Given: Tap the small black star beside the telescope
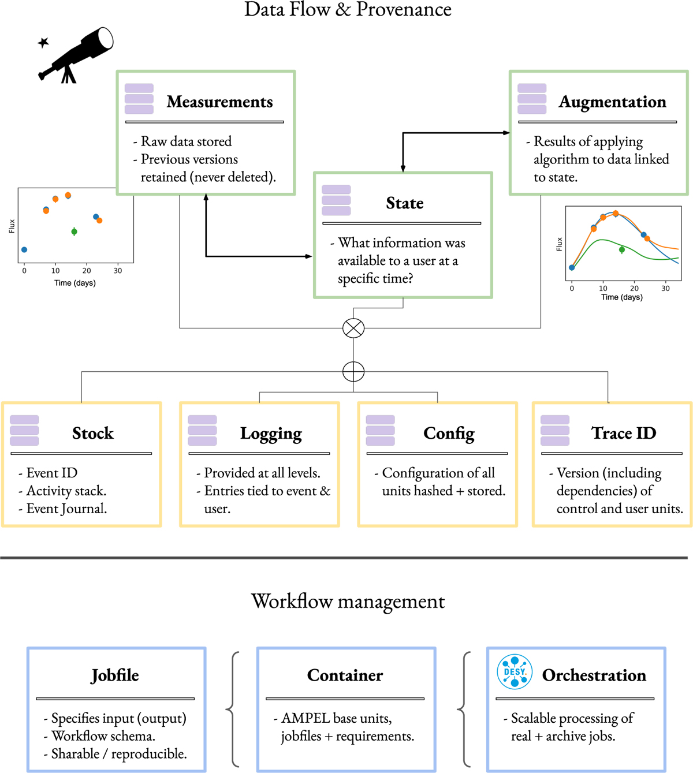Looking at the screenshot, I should click(x=43, y=42).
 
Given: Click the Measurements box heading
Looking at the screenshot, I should click(x=219, y=102).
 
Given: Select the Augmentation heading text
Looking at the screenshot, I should click(x=612, y=102).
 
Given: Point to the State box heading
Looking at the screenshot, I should click(x=404, y=203).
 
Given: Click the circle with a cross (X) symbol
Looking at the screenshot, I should click(x=353, y=328).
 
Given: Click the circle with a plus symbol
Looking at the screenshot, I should click(x=353, y=371).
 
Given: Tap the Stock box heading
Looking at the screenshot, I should click(x=92, y=433).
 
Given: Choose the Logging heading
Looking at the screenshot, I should click(x=271, y=433).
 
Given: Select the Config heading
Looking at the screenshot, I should click(x=449, y=433).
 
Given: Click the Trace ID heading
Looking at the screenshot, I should click(x=624, y=433).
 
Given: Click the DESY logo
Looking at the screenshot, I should click(x=515, y=672).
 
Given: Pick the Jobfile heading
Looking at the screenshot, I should click(x=115, y=675).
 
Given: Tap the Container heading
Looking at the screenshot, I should click(x=345, y=675).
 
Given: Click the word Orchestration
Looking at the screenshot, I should click(x=594, y=675).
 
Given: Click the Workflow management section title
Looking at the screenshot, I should click(x=348, y=601).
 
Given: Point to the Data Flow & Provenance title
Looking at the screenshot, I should click(x=348, y=9).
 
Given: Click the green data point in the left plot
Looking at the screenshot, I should click(x=74, y=231).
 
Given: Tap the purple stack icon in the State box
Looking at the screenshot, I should click(x=336, y=200).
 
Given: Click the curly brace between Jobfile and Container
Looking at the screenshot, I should click(x=232, y=709).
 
